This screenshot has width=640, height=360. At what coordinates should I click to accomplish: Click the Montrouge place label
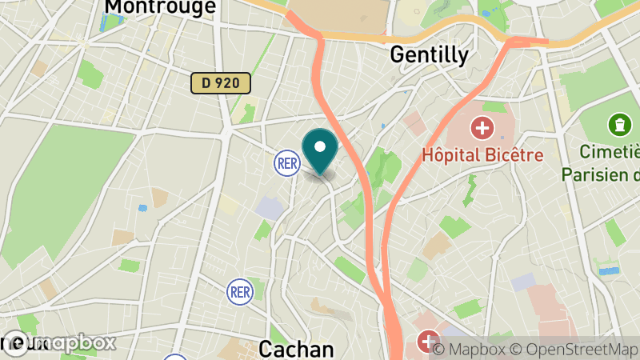160,6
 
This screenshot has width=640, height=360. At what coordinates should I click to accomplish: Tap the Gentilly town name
429,54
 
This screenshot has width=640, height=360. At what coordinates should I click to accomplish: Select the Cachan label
296,350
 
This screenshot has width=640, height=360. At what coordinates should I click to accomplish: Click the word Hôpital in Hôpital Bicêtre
452,154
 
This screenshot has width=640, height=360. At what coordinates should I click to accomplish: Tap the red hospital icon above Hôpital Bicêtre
482,126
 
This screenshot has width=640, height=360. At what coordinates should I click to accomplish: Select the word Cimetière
611,152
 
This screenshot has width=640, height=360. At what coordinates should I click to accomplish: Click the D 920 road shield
221,82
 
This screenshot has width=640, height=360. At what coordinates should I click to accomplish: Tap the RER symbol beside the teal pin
286,163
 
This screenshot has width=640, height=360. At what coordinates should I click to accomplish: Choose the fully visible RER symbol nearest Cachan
240,290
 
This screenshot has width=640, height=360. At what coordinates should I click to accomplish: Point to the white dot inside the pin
321,146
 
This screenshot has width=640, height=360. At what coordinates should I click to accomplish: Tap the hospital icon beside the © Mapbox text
428,342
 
